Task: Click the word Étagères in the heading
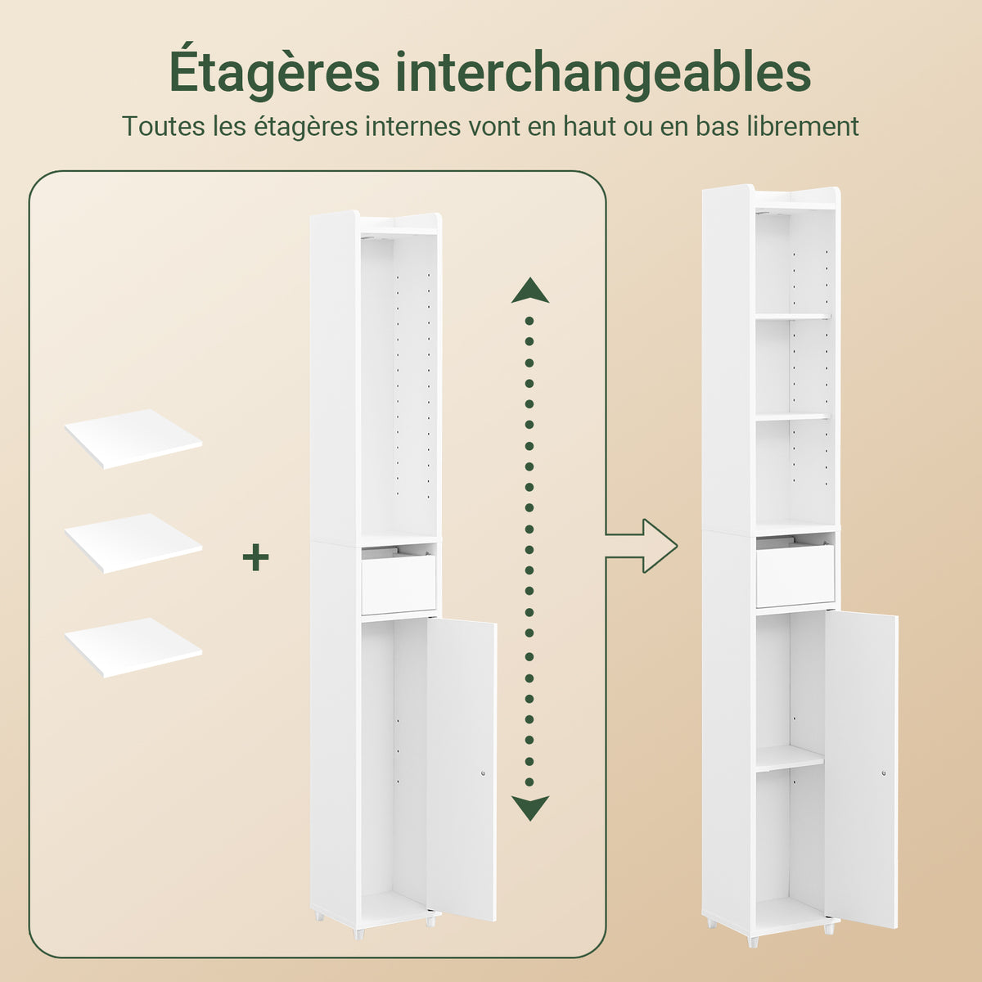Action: [275, 72]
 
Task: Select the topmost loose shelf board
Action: [133, 439]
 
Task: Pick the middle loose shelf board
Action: [133, 543]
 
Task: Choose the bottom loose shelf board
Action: [133, 647]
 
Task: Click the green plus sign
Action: [256, 557]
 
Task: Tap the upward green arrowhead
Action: [530, 291]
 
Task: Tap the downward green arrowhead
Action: [530, 809]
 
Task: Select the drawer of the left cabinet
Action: [399, 584]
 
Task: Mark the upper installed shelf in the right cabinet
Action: [793, 317]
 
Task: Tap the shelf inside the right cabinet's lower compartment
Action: [790, 759]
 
